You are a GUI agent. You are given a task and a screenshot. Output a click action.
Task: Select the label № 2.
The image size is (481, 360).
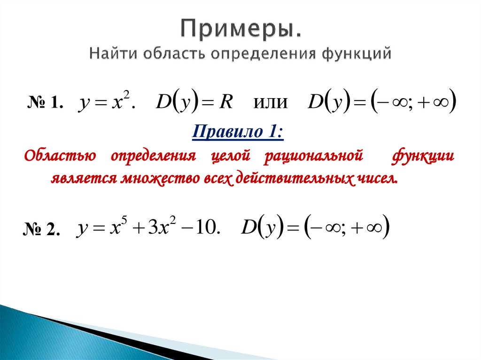(x=41, y=229)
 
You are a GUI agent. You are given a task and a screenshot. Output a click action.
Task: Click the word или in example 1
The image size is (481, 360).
(x=270, y=103)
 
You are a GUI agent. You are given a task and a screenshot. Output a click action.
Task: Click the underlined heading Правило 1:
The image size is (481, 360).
(x=238, y=132)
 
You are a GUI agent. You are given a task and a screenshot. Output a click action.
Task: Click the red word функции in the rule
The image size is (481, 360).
(x=423, y=156)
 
